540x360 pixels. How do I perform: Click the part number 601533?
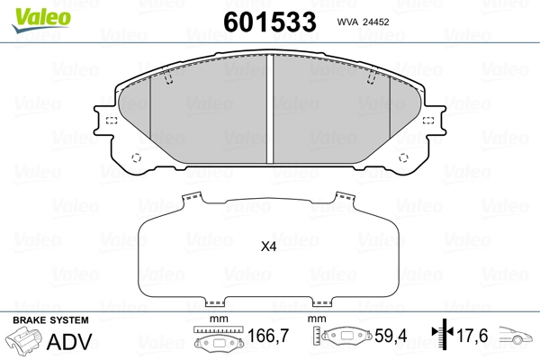pyautogui.click(x=270, y=22)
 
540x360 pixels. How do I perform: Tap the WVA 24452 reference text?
pyautogui.click(x=363, y=22)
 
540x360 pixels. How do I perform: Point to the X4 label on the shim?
pyautogui.click(x=268, y=247)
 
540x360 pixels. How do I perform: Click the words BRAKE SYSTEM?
pyautogui.click(x=50, y=320)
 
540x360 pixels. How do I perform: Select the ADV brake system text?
pyautogui.click(x=69, y=342)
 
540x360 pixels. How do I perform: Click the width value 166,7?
pyautogui.click(x=268, y=336)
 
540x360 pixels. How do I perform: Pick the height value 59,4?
pyautogui.click(x=391, y=336)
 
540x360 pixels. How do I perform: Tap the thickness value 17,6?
pyautogui.click(x=472, y=336)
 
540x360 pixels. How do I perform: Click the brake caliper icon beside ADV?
pyautogui.click(x=24, y=339)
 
